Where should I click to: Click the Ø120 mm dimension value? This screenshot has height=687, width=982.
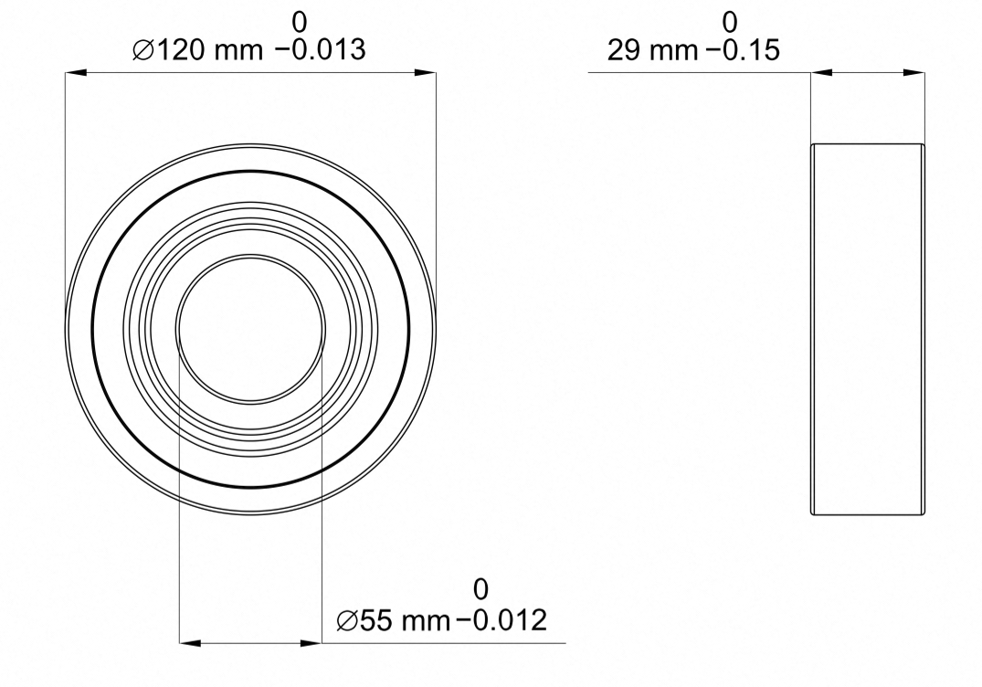pos(198,49)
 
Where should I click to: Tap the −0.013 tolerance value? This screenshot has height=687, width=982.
pos(320,49)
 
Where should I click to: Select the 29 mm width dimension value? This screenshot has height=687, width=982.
pos(651,49)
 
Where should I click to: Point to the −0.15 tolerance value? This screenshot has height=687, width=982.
pos(744,49)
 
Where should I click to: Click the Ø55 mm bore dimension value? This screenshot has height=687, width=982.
pos(394,620)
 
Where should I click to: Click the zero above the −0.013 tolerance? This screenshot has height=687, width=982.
pos(300,23)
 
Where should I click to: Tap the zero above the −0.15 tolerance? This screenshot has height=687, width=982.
pos(730,23)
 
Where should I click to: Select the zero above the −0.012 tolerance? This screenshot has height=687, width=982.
pos(480,589)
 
